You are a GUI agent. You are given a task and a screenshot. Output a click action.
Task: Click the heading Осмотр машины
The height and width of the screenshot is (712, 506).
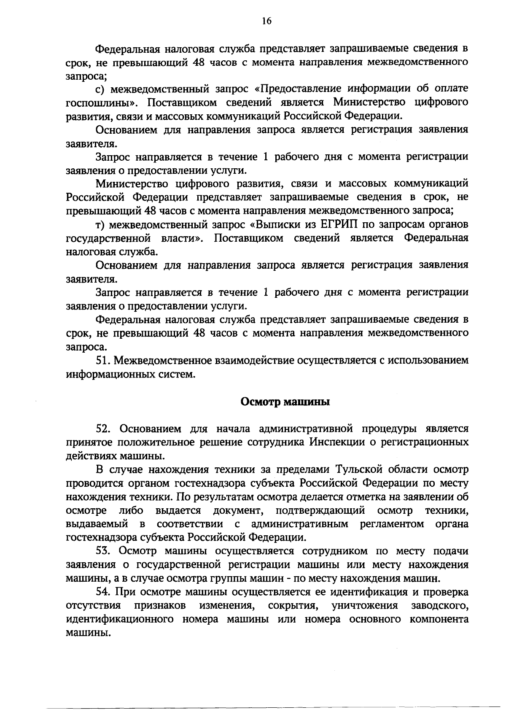click(x=285, y=402)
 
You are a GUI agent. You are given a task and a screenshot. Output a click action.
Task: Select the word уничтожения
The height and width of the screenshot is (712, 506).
click(x=365, y=606)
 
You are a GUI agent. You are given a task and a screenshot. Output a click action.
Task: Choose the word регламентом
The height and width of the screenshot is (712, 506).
click(x=392, y=524)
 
